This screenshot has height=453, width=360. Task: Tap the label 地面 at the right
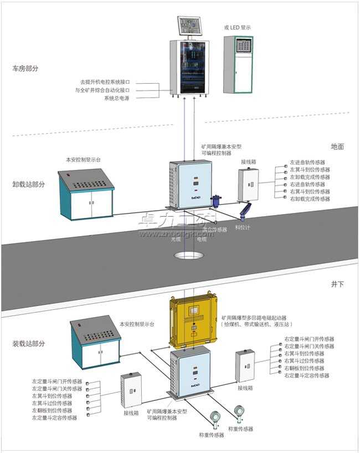337,147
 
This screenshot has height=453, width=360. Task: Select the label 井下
337,284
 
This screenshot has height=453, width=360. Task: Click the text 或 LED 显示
238,27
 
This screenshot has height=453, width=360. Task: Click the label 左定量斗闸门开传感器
57,381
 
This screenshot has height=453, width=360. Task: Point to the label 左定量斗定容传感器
57,418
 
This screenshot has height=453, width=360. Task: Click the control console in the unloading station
87,194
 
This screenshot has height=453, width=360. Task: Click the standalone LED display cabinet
239,65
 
